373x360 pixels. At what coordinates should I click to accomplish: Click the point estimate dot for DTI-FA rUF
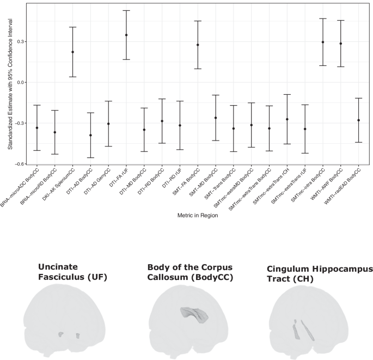(x=126, y=35)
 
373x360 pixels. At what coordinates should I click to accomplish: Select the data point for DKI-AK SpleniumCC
(x=72, y=52)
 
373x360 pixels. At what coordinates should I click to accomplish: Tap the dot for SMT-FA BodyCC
(x=198, y=45)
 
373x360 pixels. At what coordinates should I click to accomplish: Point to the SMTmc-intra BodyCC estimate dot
(x=323, y=42)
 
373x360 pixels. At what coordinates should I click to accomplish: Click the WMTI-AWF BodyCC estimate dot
(x=341, y=44)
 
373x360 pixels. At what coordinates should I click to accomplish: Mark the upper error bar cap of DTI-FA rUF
(x=126, y=10)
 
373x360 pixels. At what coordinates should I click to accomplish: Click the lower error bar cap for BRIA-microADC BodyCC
(x=37, y=150)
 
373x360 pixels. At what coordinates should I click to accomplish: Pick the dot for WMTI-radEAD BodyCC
(x=358, y=120)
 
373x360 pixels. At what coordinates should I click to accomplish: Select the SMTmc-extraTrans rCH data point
(x=287, y=119)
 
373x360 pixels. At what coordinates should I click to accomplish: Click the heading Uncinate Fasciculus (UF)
(x=73, y=272)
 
